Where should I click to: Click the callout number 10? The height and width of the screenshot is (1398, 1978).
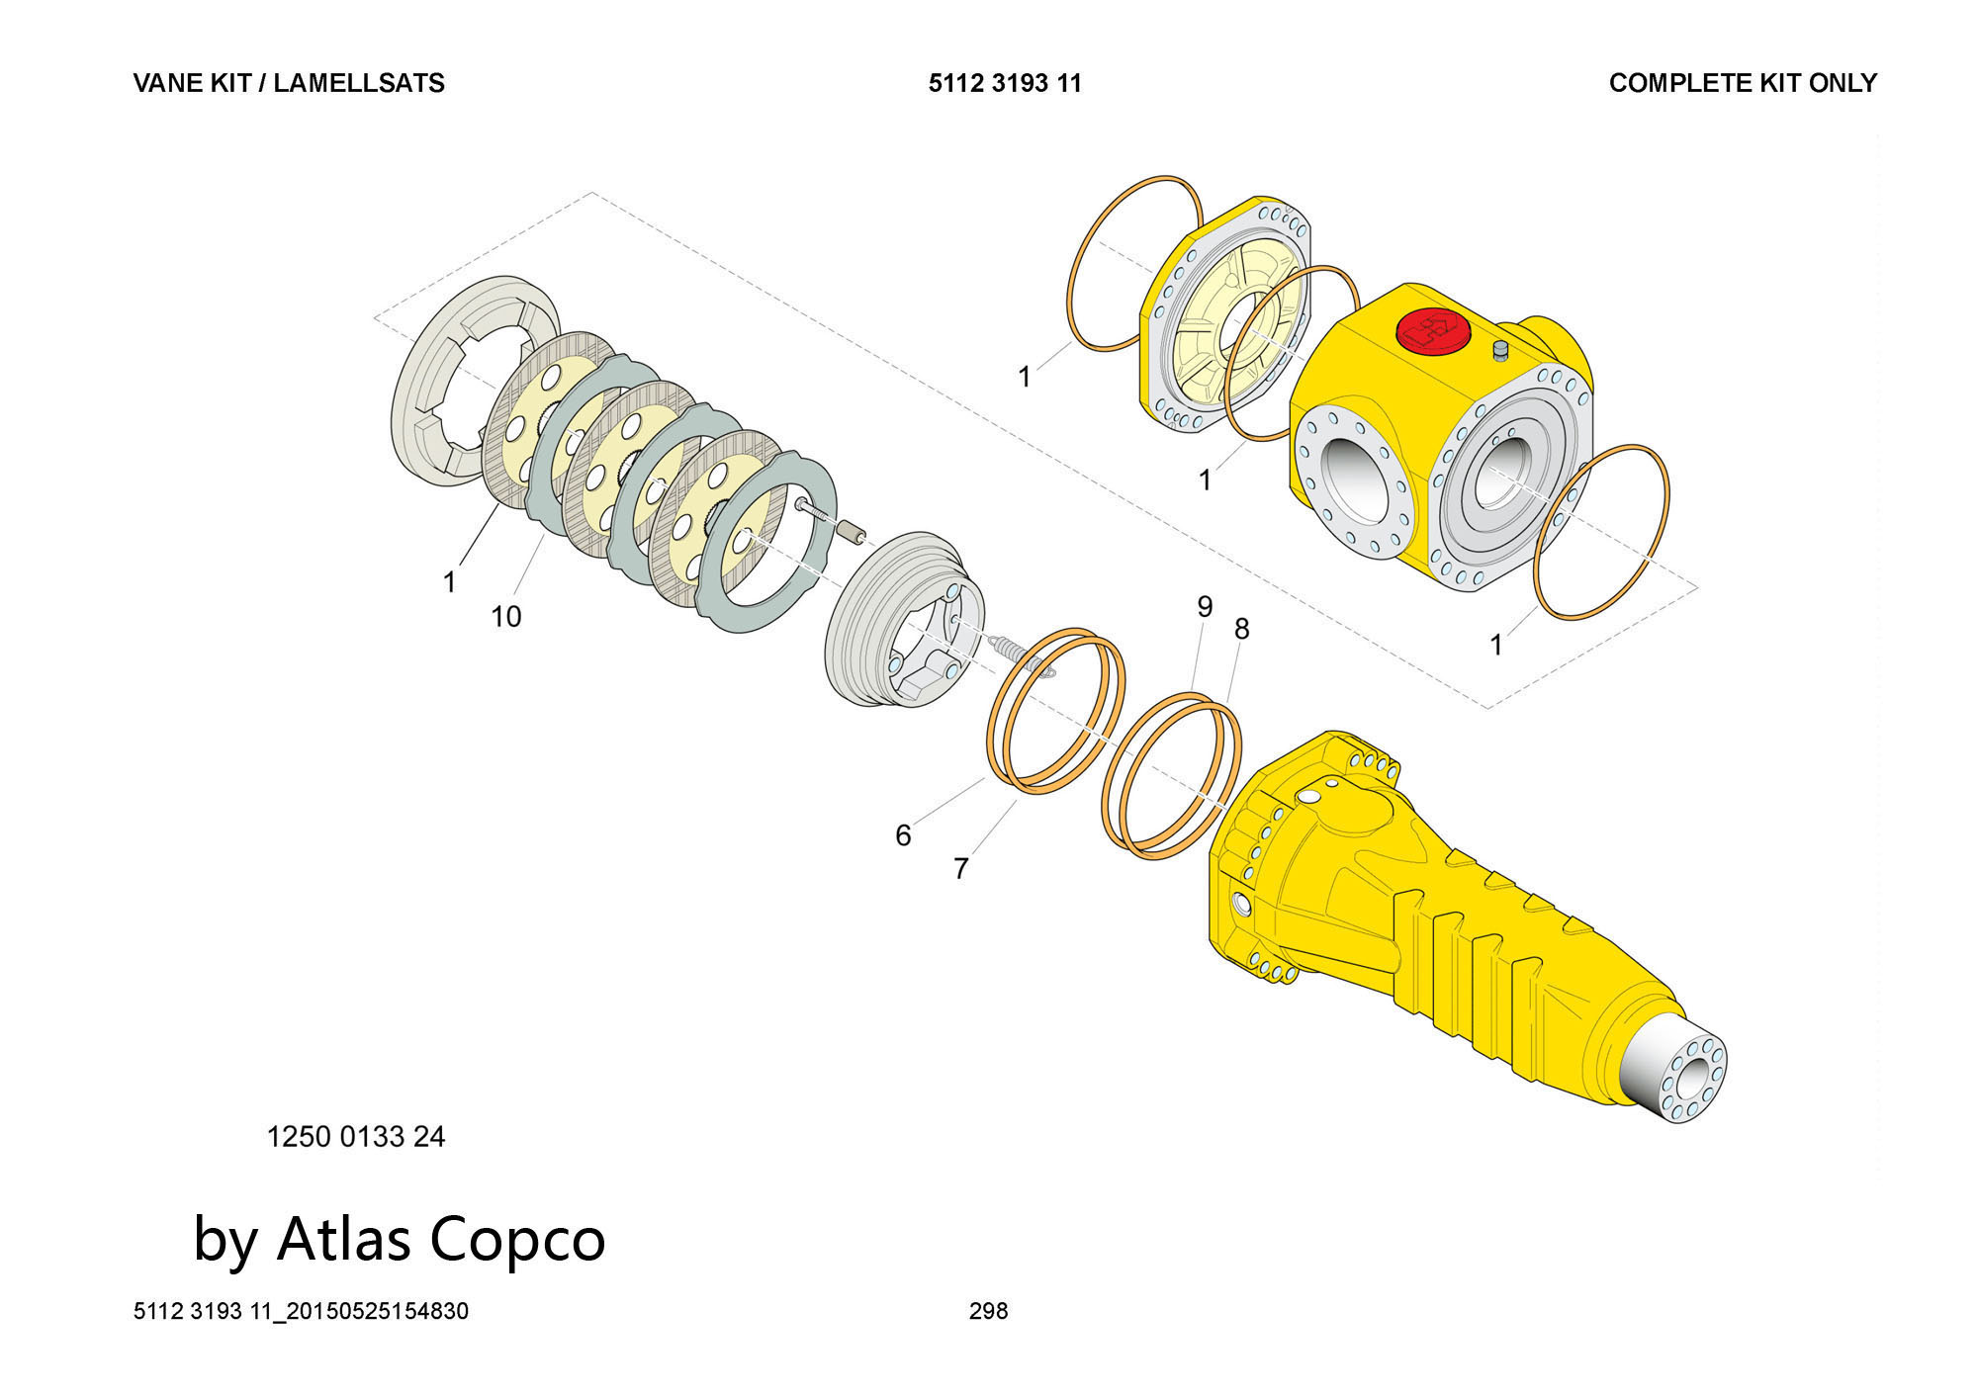505,617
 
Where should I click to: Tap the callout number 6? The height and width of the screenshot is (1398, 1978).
903,835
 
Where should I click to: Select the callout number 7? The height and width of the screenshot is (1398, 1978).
960,868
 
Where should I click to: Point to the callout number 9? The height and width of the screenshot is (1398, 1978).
1204,606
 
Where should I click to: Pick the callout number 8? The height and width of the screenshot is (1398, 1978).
1241,629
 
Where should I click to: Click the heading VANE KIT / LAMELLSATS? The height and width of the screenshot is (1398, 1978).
289,83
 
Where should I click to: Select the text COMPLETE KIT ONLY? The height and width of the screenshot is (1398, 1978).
1743,83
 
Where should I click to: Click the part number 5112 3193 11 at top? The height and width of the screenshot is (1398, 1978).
1005,83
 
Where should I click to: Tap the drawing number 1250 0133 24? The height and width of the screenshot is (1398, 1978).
356,1137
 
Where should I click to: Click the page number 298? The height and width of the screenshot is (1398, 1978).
988,1311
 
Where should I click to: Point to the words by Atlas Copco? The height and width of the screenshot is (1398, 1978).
399,1238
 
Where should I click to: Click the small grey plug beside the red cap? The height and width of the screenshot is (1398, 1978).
1499,350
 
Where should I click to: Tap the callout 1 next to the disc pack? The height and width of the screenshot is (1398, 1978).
449,582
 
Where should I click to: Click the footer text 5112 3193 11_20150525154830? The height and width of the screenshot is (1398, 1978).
301,1311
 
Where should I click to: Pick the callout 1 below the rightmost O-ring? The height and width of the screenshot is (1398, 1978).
1495,646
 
